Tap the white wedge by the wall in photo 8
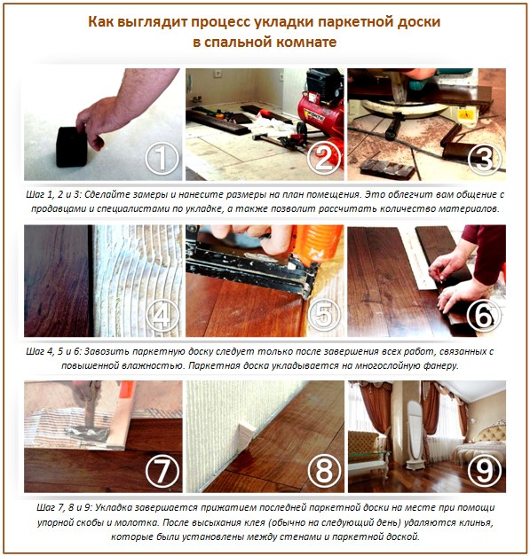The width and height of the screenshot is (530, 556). click(x=244, y=437)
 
